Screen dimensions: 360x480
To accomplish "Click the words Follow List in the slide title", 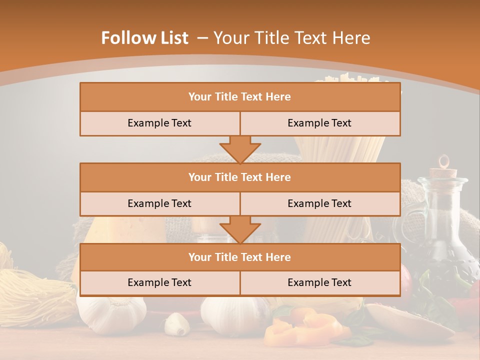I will (x=145, y=38).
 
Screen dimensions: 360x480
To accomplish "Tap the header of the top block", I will (x=240, y=97).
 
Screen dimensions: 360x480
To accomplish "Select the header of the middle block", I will (x=240, y=177).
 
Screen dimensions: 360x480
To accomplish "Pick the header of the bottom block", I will (x=240, y=257).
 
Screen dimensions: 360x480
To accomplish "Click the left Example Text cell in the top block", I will (x=159, y=123).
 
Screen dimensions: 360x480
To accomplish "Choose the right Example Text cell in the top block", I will (x=320, y=123).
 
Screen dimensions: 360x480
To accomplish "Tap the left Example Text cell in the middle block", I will (x=159, y=203).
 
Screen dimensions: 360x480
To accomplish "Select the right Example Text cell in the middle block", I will (x=320, y=203).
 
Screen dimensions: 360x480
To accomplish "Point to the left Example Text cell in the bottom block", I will (x=159, y=282).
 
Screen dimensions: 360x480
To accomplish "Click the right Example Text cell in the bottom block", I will (x=320, y=282).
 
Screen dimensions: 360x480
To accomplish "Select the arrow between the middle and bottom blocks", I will (x=240, y=229).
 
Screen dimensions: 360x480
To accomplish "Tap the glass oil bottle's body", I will (x=440, y=230).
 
